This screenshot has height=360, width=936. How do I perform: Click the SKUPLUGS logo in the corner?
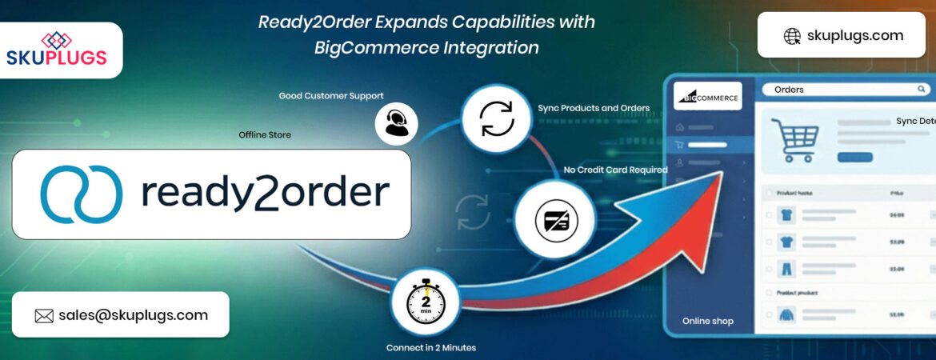coord(56,50)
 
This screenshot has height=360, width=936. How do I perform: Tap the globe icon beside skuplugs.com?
coord(792,36)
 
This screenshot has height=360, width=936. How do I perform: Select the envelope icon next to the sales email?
coord(44,315)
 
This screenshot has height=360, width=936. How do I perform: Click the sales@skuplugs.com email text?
coord(133,315)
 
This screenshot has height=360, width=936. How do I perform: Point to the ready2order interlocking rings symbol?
coord(81,194)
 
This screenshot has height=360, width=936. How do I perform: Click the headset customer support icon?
coord(396,123)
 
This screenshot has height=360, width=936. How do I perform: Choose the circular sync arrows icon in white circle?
coord(497,118)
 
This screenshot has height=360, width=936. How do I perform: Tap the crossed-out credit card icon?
coord(556,219)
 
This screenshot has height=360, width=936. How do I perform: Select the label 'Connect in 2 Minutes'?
coord(430,348)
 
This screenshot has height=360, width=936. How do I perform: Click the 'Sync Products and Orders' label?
coord(594,108)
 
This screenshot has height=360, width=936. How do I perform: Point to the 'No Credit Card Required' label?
coord(615,170)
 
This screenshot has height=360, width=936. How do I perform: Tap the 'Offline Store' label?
coord(265,135)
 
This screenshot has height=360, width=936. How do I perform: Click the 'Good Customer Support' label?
coord(330,96)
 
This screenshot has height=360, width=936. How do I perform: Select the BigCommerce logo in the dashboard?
coord(707,96)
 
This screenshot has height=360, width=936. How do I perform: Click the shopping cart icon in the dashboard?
coord(794,139)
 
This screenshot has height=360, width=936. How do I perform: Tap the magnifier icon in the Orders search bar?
coord(922,90)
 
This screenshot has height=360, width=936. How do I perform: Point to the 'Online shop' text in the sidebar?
coord(707,322)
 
